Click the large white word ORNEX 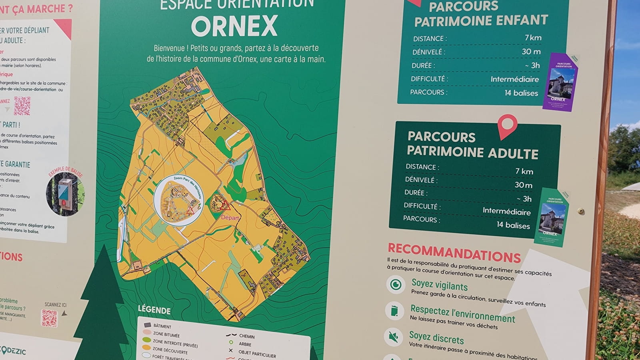pyautogui.click(x=234, y=26)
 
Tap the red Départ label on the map pyautogui.click(x=230, y=218)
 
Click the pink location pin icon pyautogui.click(x=507, y=126)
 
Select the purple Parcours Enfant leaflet pyautogui.click(x=560, y=82)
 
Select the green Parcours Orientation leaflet pyautogui.click(x=552, y=216)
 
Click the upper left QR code pyautogui.click(x=22, y=106)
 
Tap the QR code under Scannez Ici pyautogui.click(x=50, y=318)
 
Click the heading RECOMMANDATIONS pyautogui.click(x=454, y=253)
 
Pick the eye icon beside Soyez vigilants pyautogui.click(x=396, y=284)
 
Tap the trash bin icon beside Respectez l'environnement pyautogui.click(x=394, y=311)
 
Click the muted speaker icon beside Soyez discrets pyautogui.click(x=393, y=337)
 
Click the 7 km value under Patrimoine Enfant pyautogui.click(x=533, y=38)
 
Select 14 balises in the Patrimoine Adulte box pyautogui.click(x=513, y=225)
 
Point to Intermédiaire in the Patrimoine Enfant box pyautogui.click(x=514, y=79)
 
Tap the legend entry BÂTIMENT pyautogui.click(x=162, y=326)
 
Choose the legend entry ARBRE pyautogui.click(x=245, y=344)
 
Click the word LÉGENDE pyautogui.click(x=154, y=310)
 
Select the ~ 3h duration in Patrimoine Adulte pyautogui.click(x=524, y=199)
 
